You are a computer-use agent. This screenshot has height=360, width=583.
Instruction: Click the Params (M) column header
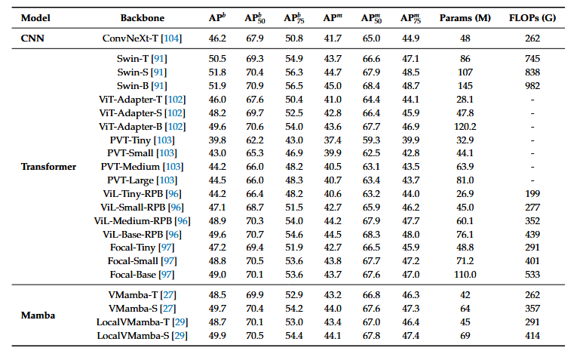pyautogui.click(x=465, y=18)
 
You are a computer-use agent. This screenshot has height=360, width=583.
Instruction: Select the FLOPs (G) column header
pyautogui.click(x=532, y=18)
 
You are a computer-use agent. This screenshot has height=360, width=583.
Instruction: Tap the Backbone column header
pyautogui.click(x=142, y=18)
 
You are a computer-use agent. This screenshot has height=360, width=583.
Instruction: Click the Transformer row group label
pyautogui.click(x=48, y=167)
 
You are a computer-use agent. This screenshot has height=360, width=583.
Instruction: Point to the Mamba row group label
pyautogui.click(x=38, y=315)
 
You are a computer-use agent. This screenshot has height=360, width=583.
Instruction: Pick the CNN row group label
pyautogui.click(x=32, y=38)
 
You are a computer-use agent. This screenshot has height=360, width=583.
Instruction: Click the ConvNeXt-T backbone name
pyautogui.click(x=130, y=38)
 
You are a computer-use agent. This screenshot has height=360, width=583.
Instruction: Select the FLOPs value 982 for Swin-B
pyautogui.click(x=532, y=86)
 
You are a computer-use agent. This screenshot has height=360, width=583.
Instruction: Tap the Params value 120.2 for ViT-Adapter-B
pyautogui.click(x=465, y=127)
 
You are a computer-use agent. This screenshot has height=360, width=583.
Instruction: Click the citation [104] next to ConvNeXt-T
pyautogui.click(x=171, y=38)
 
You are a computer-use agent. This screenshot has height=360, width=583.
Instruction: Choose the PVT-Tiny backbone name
pyautogui.click(x=130, y=140)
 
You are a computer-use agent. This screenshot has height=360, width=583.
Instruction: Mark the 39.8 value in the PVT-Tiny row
pyautogui.click(x=217, y=140)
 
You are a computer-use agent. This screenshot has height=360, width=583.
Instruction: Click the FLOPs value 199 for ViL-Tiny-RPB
pyautogui.click(x=532, y=194)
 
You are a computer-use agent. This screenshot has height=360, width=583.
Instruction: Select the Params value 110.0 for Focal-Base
pyautogui.click(x=465, y=275)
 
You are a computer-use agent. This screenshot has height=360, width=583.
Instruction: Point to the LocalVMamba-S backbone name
pyautogui.click(x=133, y=336)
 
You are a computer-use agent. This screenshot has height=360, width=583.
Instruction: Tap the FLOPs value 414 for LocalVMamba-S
pyautogui.click(x=532, y=336)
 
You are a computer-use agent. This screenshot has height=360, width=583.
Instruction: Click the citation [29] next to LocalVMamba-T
pyautogui.click(x=180, y=322)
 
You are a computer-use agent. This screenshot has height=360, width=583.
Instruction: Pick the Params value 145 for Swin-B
pyautogui.click(x=465, y=86)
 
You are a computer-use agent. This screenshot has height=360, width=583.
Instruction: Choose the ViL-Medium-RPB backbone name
pyautogui.click(x=133, y=221)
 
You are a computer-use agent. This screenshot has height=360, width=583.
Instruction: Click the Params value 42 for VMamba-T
pyautogui.click(x=465, y=295)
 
